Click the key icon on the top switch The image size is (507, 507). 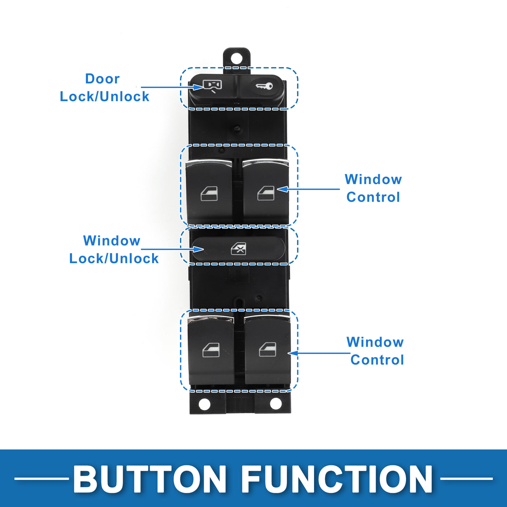[264, 86]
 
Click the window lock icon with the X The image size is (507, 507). [239, 248]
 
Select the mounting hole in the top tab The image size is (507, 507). [236, 58]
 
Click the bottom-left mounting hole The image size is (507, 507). [205, 404]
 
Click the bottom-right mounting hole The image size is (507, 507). [276, 403]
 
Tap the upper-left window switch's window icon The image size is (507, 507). [209, 194]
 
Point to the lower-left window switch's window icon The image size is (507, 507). [211, 350]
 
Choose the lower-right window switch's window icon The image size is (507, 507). [268, 349]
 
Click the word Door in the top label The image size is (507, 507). [102, 79]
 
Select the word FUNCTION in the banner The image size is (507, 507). [337, 479]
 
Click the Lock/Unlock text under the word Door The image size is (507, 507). [104, 97]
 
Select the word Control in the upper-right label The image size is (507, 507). [373, 197]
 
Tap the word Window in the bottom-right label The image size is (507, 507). [375, 342]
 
